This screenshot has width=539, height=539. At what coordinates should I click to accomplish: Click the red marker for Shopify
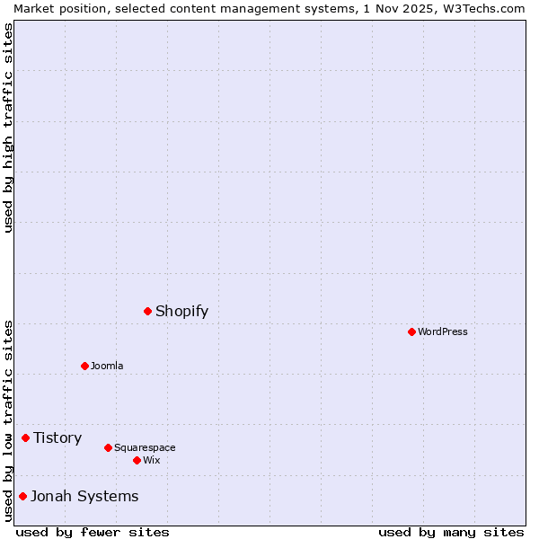tap(147, 311)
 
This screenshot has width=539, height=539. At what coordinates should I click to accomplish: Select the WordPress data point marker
tap(411, 331)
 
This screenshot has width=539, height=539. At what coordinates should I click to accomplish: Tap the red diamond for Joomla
tap(84, 366)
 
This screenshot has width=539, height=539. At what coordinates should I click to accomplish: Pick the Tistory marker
tap(25, 437)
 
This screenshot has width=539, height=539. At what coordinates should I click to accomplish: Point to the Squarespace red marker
tap(108, 447)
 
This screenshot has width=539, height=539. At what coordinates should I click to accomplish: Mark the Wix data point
tap(137, 460)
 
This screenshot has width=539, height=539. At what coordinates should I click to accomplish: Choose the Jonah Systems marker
tap(22, 496)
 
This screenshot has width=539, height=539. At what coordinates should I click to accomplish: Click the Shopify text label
tap(181, 312)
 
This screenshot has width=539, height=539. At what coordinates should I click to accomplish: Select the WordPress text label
tap(442, 331)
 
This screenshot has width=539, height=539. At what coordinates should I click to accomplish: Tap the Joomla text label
tap(107, 366)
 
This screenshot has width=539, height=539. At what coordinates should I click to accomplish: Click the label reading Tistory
tap(57, 438)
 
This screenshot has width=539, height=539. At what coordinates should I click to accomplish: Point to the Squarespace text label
tap(145, 447)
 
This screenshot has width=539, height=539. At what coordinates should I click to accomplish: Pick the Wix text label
tap(151, 460)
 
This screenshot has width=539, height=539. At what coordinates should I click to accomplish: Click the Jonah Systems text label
tap(84, 496)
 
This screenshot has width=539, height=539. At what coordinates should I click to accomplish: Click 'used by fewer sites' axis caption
tap(93, 532)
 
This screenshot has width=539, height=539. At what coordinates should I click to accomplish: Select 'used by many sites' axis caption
tap(451, 532)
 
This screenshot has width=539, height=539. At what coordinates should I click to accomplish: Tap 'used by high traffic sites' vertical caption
tap(8, 128)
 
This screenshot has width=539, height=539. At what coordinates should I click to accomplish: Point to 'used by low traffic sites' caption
tap(8, 420)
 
